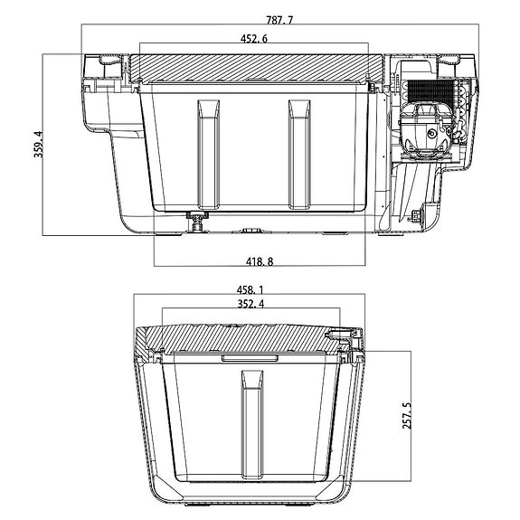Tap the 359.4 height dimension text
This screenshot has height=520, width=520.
[38, 145]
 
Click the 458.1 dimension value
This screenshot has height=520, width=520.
[249, 289]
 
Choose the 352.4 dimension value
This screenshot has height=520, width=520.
[249, 305]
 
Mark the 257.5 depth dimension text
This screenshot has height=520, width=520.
[406, 416]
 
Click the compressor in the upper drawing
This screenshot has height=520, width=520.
[421, 131]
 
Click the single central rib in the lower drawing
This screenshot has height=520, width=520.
[250, 425]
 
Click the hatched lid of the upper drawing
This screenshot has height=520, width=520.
[253, 67]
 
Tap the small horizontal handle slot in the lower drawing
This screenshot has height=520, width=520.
[249, 359]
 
